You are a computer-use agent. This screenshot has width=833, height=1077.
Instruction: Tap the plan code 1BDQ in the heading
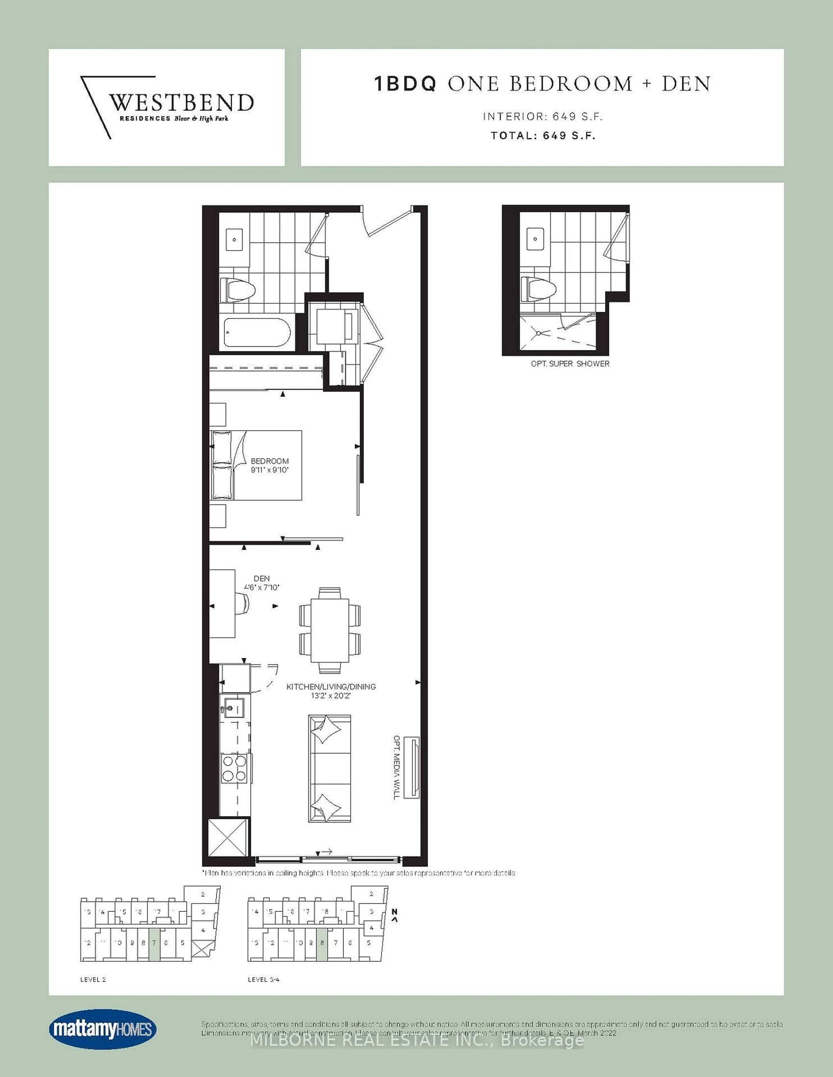coord(405,84)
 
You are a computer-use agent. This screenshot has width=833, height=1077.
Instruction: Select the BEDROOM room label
coord(269,461)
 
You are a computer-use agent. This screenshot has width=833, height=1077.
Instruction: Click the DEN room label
coord(262,578)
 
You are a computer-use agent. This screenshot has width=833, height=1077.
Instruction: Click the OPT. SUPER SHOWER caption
coord(570,363)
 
